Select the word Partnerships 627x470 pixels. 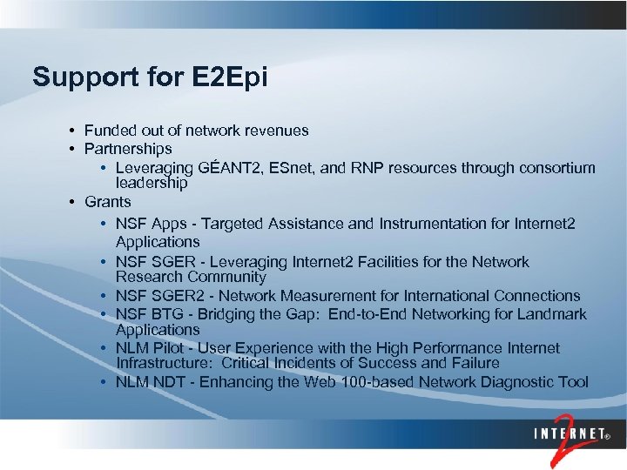coord(128,149)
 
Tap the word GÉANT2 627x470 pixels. coord(230,168)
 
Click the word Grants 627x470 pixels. coord(108,202)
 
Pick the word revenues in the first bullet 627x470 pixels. coord(273,131)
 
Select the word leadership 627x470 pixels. coord(152,184)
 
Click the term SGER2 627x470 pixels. coord(172,296)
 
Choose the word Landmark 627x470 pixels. coord(553,314)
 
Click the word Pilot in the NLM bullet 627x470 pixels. coord(165,348)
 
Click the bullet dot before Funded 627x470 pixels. coord(72,131)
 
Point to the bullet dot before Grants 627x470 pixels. coord(72,202)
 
